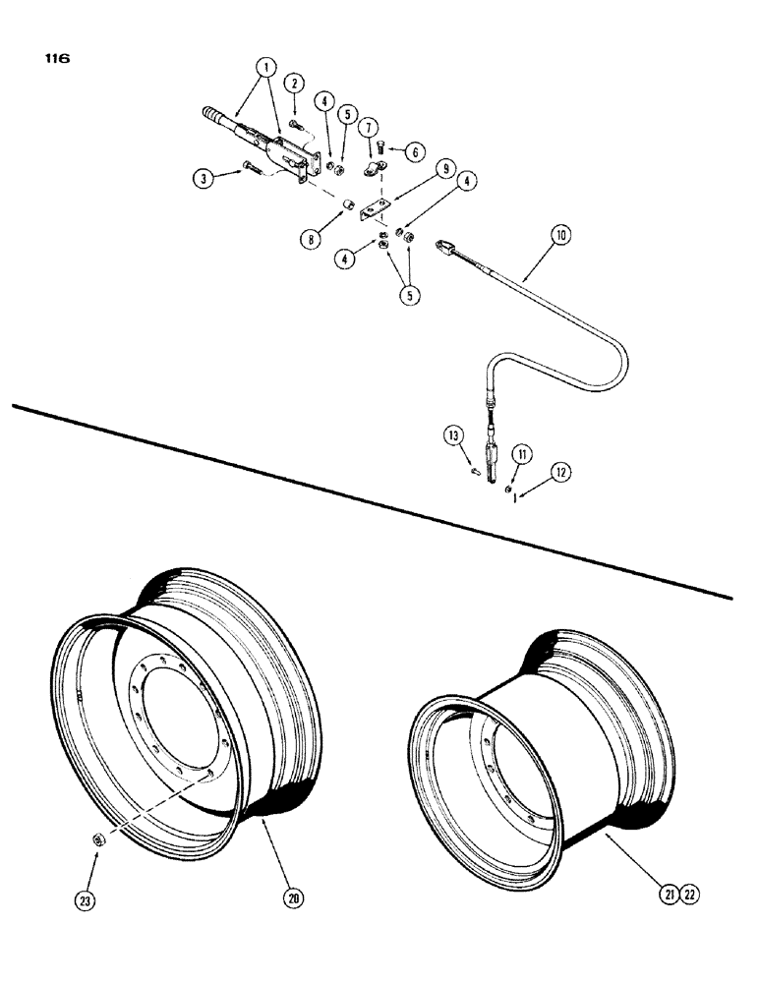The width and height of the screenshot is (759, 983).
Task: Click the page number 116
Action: point(57,58)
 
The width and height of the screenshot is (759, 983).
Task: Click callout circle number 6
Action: point(415,151)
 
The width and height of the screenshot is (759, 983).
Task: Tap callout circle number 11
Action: point(522,453)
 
